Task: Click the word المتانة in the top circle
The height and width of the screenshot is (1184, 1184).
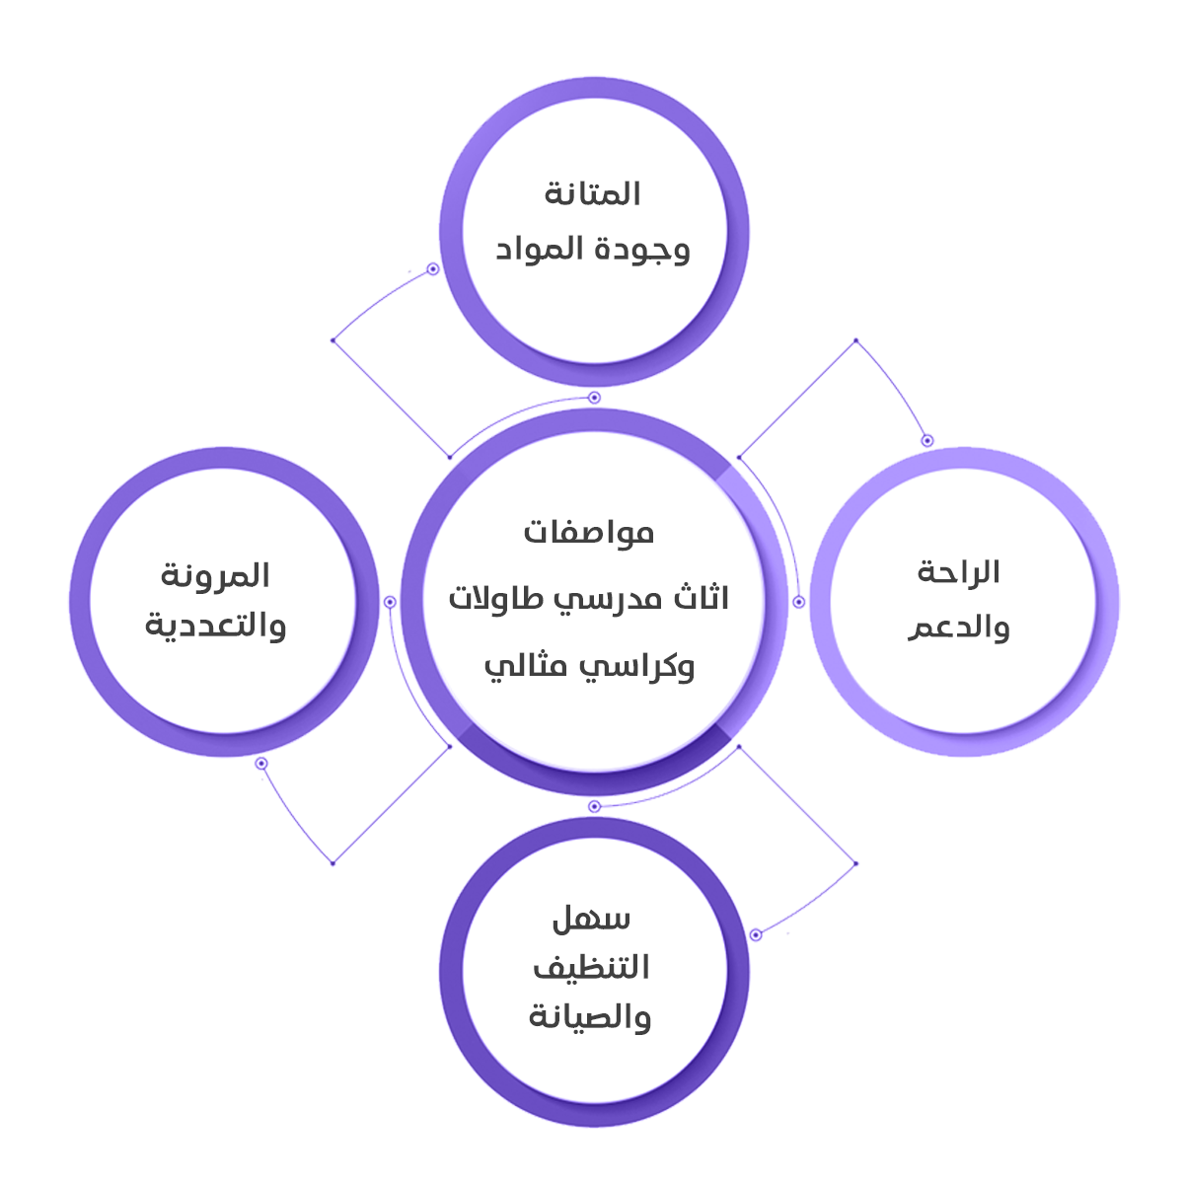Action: pos(592,193)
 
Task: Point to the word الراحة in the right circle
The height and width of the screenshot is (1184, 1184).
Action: pos(958,572)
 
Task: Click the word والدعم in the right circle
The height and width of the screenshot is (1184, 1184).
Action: pos(958,628)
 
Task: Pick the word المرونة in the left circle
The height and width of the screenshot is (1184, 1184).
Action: pos(215,575)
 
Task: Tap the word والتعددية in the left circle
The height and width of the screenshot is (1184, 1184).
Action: pos(215,626)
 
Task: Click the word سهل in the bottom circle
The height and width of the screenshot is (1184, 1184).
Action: pos(591,920)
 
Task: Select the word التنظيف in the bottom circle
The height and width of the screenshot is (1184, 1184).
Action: pos(591,967)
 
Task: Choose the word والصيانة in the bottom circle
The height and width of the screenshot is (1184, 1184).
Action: pos(590,1016)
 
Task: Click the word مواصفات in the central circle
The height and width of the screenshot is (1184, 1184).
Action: pos(589,533)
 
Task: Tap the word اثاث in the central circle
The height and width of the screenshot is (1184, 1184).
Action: pos(702,598)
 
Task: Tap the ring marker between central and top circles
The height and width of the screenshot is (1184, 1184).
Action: pos(594,398)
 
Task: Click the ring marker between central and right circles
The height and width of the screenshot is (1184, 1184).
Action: pos(799,602)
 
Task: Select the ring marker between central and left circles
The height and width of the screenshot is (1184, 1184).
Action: pos(390,602)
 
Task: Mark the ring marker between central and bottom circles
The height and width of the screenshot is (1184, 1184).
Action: pos(594,806)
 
